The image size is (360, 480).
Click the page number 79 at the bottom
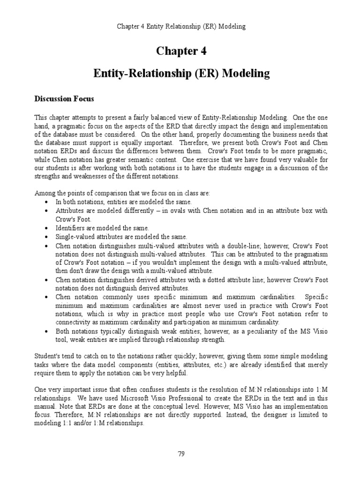[180, 454]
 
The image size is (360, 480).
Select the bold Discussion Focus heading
[64, 99]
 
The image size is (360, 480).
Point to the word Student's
[48, 357]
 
